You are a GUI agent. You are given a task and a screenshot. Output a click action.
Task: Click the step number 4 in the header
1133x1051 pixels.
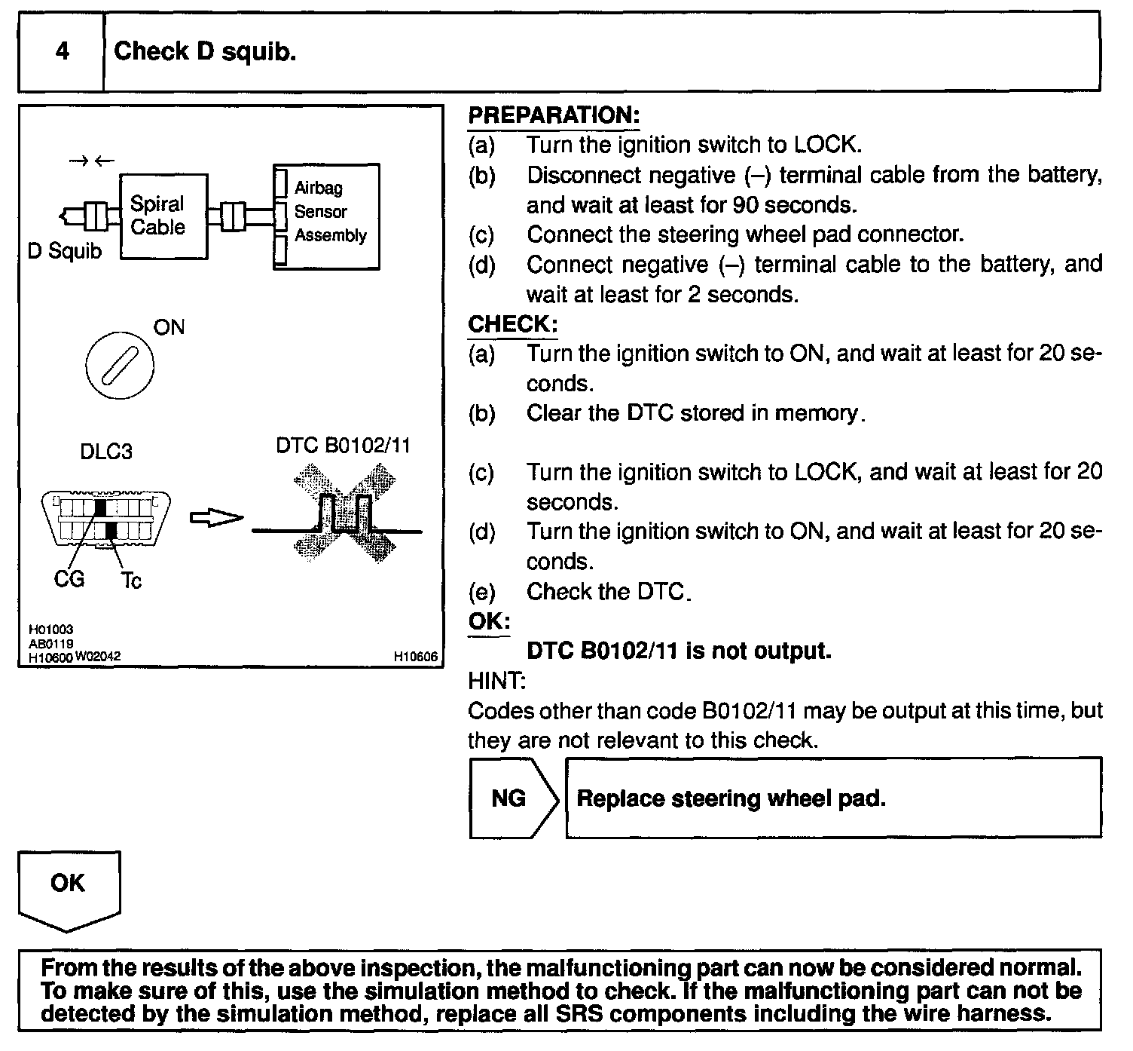[x=63, y=51]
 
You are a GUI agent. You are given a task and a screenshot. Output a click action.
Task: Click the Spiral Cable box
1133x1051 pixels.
[x=163, y=216]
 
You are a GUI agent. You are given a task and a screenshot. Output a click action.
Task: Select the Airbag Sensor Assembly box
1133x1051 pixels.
[x=326, y=216]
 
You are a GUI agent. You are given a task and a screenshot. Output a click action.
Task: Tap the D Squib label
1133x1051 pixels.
[x=64, y=250]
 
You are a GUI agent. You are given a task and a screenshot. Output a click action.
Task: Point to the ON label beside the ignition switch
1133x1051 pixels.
[x=169, y=327]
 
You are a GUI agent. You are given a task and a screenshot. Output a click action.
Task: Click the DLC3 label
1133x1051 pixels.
[x=105, y=452]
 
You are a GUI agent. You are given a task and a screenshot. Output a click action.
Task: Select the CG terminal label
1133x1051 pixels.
[x=69, y=579]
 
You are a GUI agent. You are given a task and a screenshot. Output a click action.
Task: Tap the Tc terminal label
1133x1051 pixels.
[x=131, y=580]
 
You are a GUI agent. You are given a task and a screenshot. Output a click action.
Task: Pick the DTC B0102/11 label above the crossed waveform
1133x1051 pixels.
[x=343, y=446]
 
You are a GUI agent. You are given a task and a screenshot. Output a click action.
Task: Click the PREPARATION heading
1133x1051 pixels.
[x=554, y=115]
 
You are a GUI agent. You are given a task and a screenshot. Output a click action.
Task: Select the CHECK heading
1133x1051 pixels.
[x=513, y=324]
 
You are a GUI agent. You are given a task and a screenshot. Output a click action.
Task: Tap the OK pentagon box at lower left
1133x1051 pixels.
[x=69, y=886]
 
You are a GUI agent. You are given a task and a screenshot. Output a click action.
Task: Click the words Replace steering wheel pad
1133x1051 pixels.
[x=731, y=798]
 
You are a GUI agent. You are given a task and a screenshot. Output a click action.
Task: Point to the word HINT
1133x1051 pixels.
[x=496, y=681]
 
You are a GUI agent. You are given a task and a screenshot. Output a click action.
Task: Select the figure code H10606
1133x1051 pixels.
[x=415, y=657]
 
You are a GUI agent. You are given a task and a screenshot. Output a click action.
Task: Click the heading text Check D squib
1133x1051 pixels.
[x=205, y=51]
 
